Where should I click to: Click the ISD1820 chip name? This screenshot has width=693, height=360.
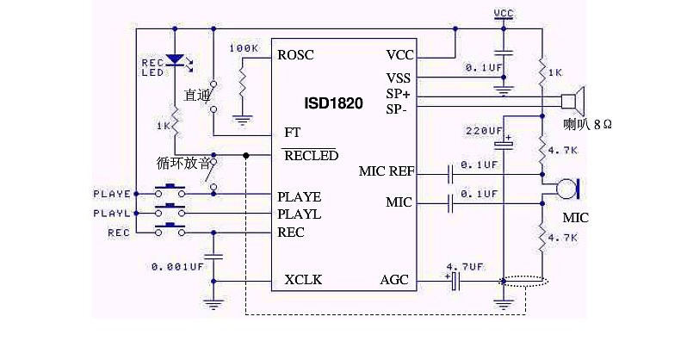333,103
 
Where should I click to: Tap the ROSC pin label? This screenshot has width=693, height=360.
295,55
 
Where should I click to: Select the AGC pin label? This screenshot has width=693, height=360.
394,280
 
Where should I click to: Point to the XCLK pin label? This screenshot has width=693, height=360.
303,280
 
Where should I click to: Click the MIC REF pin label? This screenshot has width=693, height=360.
387,171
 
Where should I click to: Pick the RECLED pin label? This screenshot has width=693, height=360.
311,156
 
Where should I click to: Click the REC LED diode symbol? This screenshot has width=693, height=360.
175,60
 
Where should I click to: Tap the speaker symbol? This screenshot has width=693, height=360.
572,101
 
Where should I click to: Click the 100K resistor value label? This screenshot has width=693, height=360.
244,47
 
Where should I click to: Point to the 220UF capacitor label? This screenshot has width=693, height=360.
484,131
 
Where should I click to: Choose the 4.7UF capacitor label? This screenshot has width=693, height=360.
465,267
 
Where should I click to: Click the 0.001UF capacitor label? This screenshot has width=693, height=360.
177,267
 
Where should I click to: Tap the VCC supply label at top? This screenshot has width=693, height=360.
504,14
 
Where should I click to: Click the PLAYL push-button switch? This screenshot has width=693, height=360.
170,210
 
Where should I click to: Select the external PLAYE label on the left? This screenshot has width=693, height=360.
112,194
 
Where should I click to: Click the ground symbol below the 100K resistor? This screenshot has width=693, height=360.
242,120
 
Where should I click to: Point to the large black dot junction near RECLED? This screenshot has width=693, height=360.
245,156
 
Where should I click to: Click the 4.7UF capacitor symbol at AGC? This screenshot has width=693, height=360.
455,282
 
